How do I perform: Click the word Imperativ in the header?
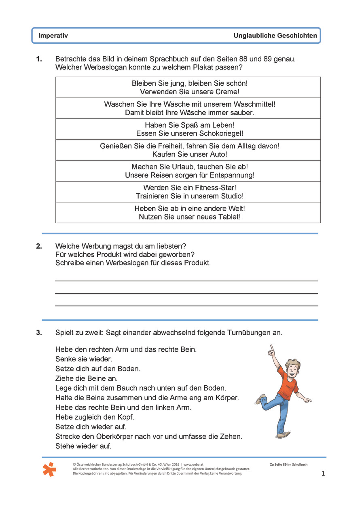[x=53, y=36]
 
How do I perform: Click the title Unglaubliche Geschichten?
[x=275, y=36]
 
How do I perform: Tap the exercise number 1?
[x=39, y=59]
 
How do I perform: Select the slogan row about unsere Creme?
[x=188, y=87]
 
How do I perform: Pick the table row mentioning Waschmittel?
[x=188, y=108]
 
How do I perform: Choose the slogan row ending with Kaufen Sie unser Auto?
[x=188, y=150]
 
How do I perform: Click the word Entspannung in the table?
[x=232, y=175]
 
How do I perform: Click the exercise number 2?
[x=39, y=246]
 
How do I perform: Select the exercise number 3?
[x=39, y=333]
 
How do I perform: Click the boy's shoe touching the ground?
[x=284, y=435]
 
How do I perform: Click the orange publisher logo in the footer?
[x=49, y=469]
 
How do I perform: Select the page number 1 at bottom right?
[x=323, y=473]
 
